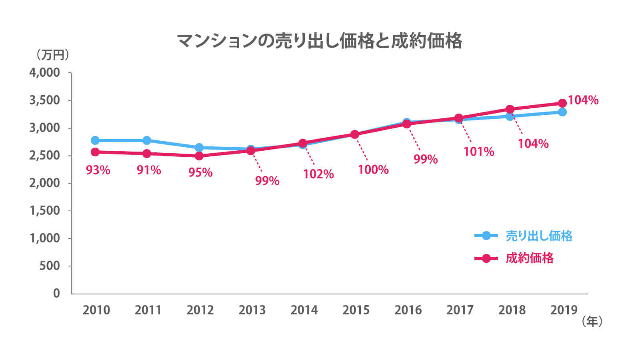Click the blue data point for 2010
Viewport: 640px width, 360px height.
(x=95, y=140)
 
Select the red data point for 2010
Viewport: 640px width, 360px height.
(x=95, y=152)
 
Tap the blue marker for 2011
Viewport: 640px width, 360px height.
(x=147, y=140)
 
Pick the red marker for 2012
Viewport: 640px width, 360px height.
(x=199, y=156)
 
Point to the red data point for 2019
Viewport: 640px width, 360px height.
(x=562, y=103)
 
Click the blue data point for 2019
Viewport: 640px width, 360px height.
(x=562, y=112)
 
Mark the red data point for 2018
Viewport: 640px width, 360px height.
(x=510, y=109)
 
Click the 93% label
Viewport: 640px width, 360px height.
(x=98, y=170)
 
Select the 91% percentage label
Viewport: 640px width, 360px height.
(x=149, y=170)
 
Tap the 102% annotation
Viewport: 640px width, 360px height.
(x=318, y=174)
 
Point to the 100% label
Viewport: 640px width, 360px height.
(x=373, y=170)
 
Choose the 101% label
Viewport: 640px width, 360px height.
(x=479, y=152)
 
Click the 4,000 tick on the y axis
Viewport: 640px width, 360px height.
(x=44, y=73)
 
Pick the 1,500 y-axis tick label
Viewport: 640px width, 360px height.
(x=44, y=210)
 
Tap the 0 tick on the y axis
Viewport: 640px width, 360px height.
(x=56, y=293)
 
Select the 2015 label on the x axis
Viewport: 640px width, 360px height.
(x=356, y=310)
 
